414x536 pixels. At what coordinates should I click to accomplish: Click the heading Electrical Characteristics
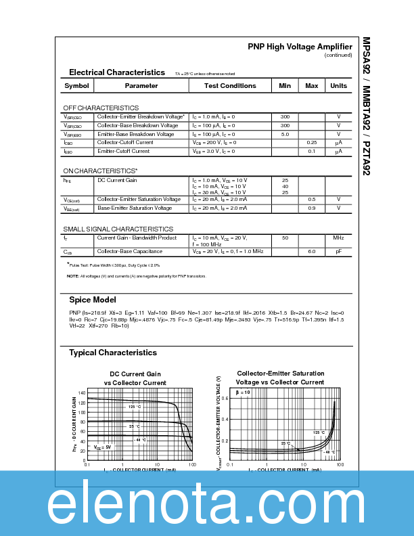click(117, 72)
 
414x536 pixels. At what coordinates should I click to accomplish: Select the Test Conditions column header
click(230, 86)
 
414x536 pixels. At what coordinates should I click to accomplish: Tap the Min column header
click(285, 86)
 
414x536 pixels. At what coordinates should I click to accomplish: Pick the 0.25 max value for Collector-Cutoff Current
click(312, 143)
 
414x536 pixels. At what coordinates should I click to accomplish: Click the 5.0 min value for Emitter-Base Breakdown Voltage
click(285, 134)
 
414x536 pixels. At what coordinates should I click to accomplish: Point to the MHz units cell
click(338, 238)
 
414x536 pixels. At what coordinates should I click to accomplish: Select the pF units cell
click(338, 252)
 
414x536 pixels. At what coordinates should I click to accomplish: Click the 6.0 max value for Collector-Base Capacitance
click(312, 252)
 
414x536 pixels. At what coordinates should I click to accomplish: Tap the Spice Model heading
click(93, 300)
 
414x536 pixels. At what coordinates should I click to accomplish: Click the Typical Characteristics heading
click(113, 353)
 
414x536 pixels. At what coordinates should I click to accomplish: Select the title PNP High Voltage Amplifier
click(300, 47)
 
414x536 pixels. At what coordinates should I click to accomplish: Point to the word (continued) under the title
click(338, 55)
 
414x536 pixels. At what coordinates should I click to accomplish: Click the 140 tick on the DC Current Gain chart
click(81, 393)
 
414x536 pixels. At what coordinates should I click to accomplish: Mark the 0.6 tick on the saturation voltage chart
click(225, 398)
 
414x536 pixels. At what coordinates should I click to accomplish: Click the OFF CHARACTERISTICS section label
click(101, 108)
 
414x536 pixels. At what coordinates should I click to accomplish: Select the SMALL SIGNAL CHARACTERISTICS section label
click(118, 229)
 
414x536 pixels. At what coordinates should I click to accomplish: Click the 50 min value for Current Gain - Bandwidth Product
click(285, 238)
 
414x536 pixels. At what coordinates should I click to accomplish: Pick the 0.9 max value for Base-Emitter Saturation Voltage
click(312, 208)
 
